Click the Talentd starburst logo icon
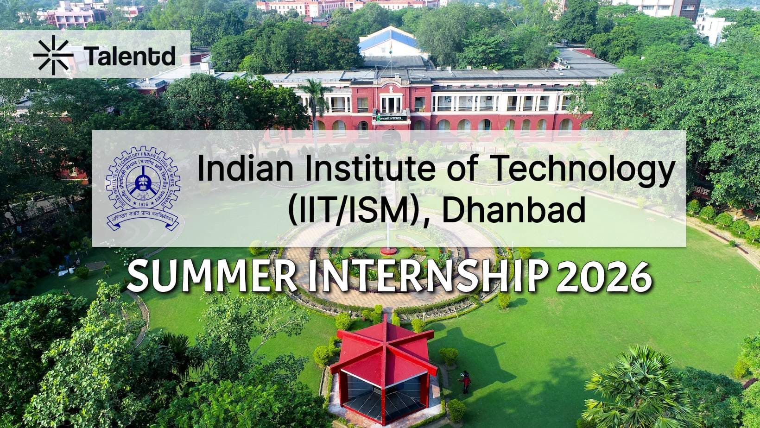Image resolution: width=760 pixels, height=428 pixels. pos(53,55)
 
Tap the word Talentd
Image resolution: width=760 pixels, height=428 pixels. pos(131,56)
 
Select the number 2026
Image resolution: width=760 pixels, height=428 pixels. pos(604,277)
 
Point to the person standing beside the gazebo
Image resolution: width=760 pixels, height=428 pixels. pos(466,382)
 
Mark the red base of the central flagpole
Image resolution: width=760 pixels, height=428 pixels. pos(388,251)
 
